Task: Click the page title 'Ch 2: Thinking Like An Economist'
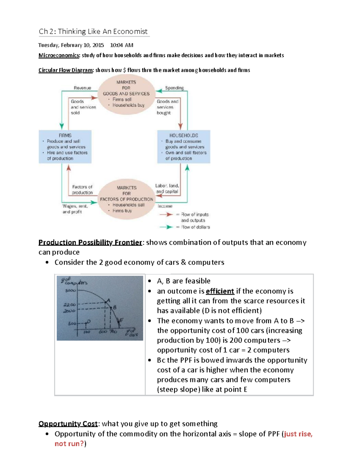coord(93,32)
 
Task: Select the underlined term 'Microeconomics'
coord(59,55)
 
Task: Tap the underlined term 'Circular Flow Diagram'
coord(66,70)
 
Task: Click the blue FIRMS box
coord(65,147)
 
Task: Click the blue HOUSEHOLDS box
coord(184,147)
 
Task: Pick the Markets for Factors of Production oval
coord(126,199)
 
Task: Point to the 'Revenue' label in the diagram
coord(82,88)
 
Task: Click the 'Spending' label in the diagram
coord(174,88)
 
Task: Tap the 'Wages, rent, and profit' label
coord(75,209)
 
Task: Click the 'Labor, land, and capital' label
coord(167,188)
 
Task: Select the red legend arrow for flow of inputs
coord(166,215)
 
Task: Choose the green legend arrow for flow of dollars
coord(166,227)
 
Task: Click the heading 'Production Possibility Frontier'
coord(90,242)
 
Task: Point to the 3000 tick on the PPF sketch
coord(70,290)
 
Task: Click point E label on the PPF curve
coord(121,320)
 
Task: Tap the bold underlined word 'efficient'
coord(220,291)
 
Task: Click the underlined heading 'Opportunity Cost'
coord(68,424)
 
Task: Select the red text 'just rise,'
coord(298,434)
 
